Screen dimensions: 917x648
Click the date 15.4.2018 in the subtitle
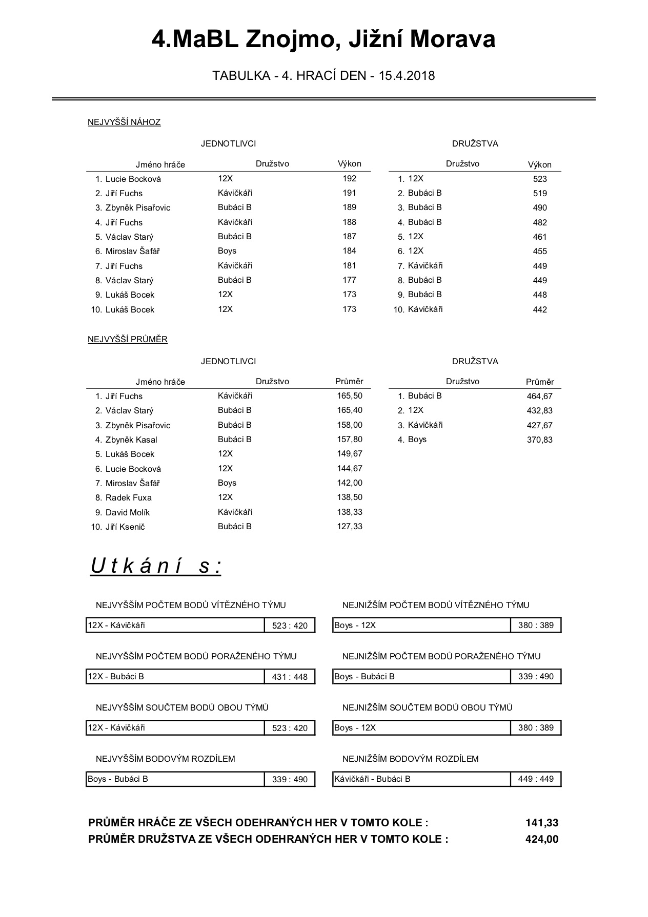(407, 76)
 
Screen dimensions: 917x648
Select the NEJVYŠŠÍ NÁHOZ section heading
(124, 122)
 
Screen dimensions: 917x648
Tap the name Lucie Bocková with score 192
(133, 179)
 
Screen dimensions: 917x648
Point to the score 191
(349, 193)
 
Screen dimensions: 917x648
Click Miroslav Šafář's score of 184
(349, 251)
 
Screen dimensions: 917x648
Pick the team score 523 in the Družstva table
(540, 179)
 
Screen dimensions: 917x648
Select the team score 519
(540, 194)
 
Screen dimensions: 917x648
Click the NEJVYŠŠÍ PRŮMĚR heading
(128, 340)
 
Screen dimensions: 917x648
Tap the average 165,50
(350, 396)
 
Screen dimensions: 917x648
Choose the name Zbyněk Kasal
(131, 440)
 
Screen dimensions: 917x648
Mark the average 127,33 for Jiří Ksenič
(350, 527)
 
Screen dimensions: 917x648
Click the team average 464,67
(539, 396)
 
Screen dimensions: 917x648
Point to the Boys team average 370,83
(539, 440)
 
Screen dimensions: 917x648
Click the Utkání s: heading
(156, 566)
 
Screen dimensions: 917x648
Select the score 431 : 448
(290, 677)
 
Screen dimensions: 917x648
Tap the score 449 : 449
(536, 779)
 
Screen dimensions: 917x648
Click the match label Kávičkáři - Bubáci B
(372, 779)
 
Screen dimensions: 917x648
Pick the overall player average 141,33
(541, 823)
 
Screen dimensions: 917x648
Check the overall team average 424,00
(541, 839)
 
